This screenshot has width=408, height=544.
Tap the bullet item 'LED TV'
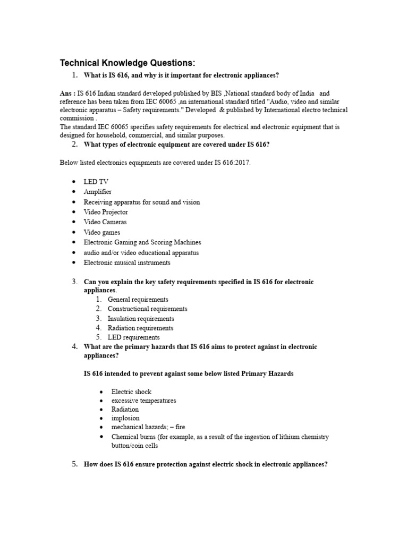pyautogui.click(x=96, y=182)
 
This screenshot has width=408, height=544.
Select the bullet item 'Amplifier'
pyautogui.click(x=98, y=192)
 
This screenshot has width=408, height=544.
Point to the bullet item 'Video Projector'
pyautogui.click(x=106, y=212)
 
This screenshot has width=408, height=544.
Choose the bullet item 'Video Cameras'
pyautogui.click(x=105, y=222)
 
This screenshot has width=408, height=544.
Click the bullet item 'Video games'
pyautogui.click(x=102, y=232)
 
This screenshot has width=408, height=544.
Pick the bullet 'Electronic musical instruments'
pyautogui.click(x=127, y=262)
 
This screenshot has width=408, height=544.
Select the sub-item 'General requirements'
pyautogui.click(x=138, y=300)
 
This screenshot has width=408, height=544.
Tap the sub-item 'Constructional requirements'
pyautogui.click(x=147, y=309)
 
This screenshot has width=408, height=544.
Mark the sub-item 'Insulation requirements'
pyautogui.click(x=140, y=319)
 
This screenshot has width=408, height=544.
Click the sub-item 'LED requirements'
pyautogui.click(x=133, y=337)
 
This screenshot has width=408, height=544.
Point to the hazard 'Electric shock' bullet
pyautogui.click(x=131, y=392)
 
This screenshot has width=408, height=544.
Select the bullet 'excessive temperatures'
pyautogui.click(x=143, y=401)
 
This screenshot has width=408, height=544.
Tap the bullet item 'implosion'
pyautogui.click(x=125, y=418)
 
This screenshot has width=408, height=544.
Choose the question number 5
pyautogui.click(x=75, y=464)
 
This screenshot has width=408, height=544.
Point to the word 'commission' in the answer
pyautogui.click(x=76, y=118)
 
